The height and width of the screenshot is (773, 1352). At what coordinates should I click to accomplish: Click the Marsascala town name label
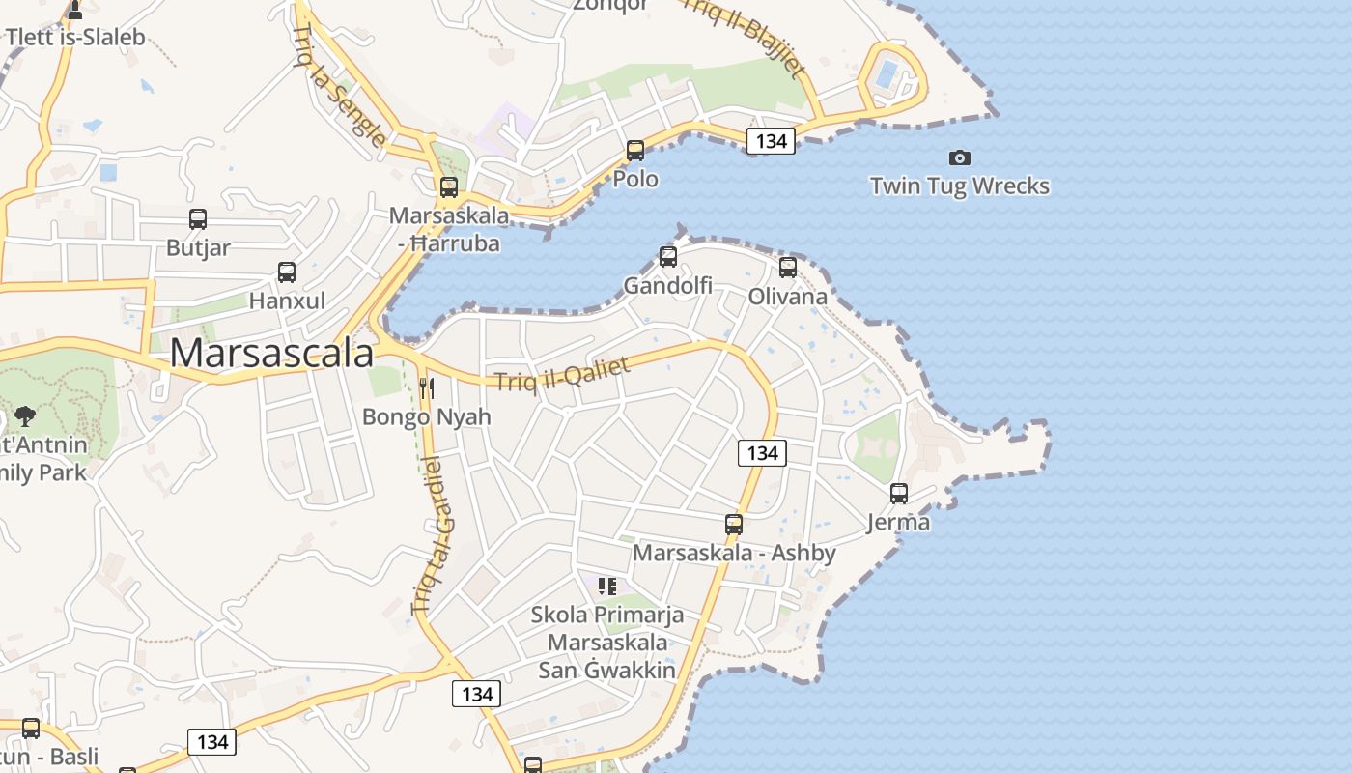(271, 354)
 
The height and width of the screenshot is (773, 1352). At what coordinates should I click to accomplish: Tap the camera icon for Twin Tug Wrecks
(959, 157)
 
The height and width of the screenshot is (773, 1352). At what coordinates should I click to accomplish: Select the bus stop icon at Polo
(635, 151)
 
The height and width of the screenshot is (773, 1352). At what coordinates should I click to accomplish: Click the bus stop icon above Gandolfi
(667, 257)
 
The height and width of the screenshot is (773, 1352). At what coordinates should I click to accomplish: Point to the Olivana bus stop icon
(788, 268)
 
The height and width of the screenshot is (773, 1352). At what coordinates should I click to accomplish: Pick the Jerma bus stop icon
(899, 494)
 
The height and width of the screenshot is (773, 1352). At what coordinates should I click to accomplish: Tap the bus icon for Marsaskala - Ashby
(734, 525)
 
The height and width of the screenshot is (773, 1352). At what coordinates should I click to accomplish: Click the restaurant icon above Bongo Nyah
(426, 388)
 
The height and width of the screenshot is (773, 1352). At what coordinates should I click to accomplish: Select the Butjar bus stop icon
(198, 219)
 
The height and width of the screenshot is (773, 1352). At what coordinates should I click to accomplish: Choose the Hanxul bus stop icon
(287, 272)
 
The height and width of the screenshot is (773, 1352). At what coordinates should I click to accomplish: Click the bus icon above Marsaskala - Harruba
(449, 187)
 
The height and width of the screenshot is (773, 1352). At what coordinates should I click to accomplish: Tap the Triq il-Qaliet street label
(562, 374)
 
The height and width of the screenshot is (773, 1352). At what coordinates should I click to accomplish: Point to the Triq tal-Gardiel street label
(432, 534)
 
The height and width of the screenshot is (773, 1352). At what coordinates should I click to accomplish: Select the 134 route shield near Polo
(771, 141)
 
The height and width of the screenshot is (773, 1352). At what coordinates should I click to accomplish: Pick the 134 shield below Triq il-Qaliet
(762, 452)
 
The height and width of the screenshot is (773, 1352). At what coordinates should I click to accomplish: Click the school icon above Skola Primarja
(607, 586)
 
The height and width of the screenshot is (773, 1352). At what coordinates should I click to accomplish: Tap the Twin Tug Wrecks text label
(959, 186)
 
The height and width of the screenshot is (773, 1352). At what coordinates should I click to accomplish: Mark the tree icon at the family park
(25, 417)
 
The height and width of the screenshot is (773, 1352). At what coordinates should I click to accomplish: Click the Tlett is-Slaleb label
(75, 38)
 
